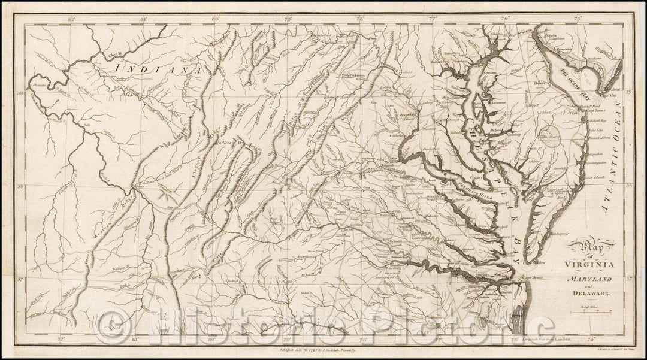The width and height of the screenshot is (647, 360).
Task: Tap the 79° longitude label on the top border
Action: pyautogui.click(x=287, y=20)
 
